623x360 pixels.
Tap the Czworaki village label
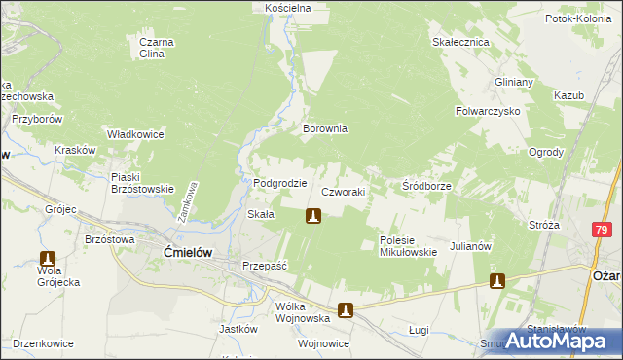[x=343, y=193]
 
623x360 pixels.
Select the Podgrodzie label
[x=280, y=183]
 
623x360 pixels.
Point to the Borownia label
[x=325, y=128]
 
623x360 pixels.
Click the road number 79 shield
[x=601, y=228]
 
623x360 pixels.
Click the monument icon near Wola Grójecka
[x=46, y=260]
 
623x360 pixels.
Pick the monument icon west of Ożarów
[x=496, y=281]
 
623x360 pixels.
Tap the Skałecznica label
[x=460, y=43]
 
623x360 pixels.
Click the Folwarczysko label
[x=488, y=112]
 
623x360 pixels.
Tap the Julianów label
[x=468, y=246]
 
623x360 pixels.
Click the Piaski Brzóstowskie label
[x=142, y=183]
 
